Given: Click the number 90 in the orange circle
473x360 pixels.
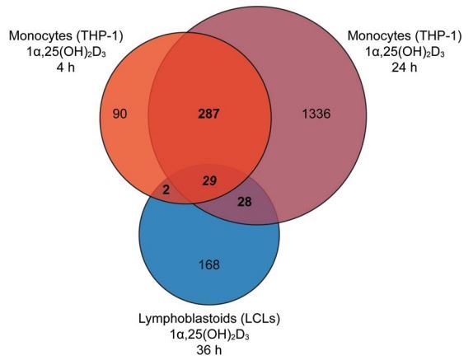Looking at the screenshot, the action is click(119, 114).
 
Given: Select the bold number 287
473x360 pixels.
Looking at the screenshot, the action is click(208, 114).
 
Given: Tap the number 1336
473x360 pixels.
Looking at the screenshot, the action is click(316, 114).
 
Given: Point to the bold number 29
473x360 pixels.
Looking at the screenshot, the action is click(209, 181).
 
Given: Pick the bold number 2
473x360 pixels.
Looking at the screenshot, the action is click(166, 190).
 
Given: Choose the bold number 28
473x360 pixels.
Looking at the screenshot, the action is click(245, 202).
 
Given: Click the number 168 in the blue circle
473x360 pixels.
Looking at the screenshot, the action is click(209, 264).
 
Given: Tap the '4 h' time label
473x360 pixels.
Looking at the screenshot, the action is click(65, 67).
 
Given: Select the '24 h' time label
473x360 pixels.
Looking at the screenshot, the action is click(405, 67).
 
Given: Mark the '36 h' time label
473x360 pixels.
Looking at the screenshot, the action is click(209, 350).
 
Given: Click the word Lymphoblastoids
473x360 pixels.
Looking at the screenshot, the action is click(187, 319).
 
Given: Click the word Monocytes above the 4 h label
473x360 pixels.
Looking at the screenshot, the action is click(40, 36).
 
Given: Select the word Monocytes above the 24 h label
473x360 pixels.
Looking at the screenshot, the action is click(379, 36).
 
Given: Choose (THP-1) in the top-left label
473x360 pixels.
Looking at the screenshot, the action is click(99, 36).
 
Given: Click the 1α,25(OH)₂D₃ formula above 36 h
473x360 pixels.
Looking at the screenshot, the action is click(209, 334).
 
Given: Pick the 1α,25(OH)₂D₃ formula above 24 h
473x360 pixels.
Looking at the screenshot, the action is click(405, 52).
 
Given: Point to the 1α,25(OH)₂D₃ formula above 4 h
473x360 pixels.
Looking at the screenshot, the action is click(66, 52).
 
